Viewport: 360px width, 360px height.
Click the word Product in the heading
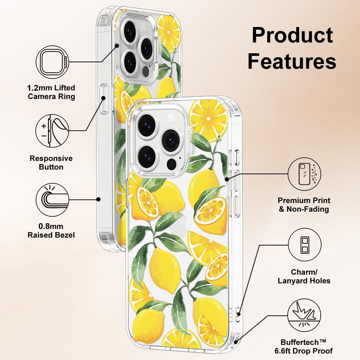click(x=292, y=35)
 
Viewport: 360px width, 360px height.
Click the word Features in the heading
click(x=292, y=61)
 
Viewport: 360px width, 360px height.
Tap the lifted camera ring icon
click(x=53, y=62)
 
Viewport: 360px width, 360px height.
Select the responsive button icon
click(x=52, y=131)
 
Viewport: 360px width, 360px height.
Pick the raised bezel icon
click(x=53, y=199)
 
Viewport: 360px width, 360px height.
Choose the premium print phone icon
click(x=305, y=174)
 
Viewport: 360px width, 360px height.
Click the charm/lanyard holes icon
click(x=305, y=245)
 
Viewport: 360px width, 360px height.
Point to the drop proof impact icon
click(x=305, y=315)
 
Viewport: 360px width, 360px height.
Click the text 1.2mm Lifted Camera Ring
click(x=51, y=92)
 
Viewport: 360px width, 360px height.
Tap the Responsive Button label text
click(x=51, y=163)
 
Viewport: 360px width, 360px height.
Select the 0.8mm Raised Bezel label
click(x=51, y=230)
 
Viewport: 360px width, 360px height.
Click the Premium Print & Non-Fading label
click(x=304, y=205)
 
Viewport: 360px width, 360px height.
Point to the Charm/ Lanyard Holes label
click(x=304, y=276)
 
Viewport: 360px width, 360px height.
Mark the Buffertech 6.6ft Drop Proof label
click(x=303, y=347)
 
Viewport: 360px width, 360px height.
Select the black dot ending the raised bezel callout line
click(x=98, y=199)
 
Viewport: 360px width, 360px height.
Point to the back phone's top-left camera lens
click(x=130, y=32)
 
